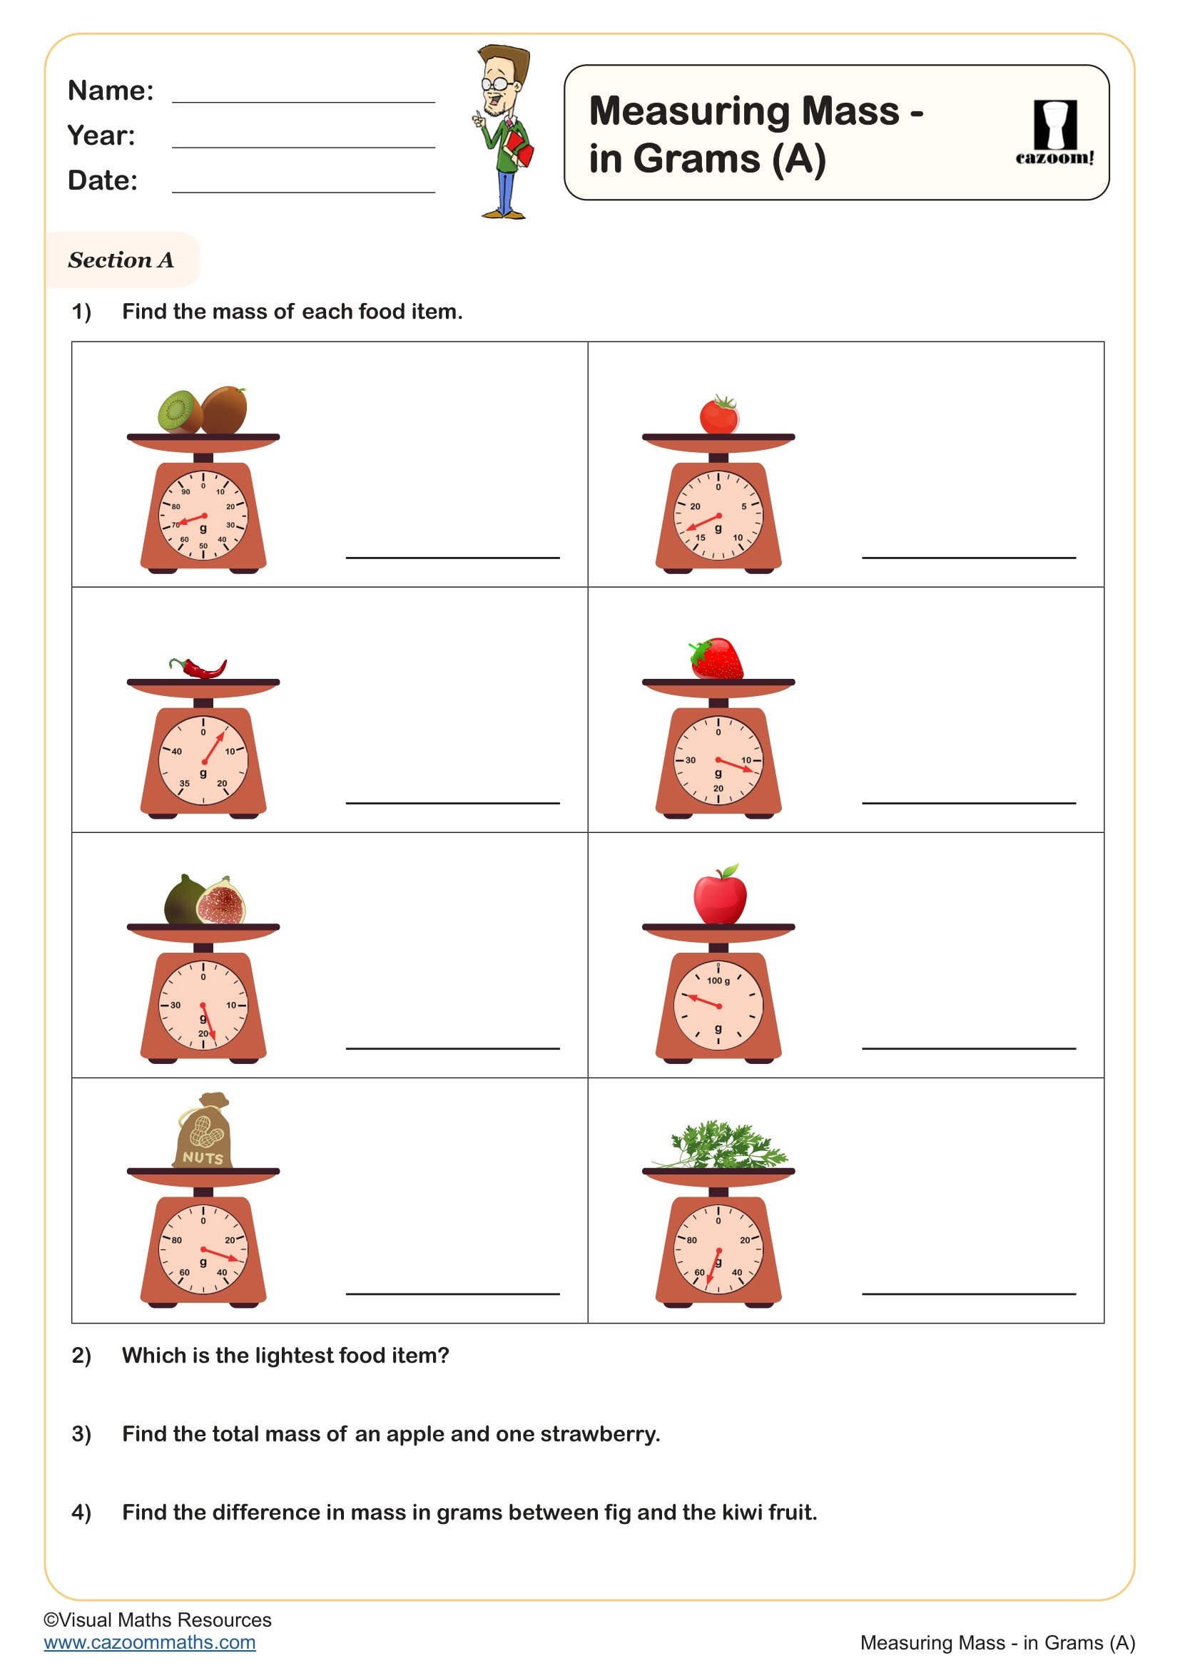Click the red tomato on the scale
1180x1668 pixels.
point(719,415)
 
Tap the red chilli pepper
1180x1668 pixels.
point(198,667)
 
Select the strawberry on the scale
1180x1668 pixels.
point(716,658)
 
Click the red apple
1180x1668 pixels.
point(719,894)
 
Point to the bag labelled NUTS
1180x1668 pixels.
point(203,1131)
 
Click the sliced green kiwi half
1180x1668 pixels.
point(180,411)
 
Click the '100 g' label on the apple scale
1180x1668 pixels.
point(718,981)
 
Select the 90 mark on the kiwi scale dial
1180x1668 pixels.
point(186,492)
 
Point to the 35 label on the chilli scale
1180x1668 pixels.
point(185,784)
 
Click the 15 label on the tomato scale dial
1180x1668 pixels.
point(701,538)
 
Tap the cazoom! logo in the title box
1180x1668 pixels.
point(1054,133)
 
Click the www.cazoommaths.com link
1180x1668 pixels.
point(150,1642)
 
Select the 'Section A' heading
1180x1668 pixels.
point(121,260)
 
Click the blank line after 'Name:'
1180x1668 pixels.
point(304,103)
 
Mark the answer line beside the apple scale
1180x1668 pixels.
point(969,1048)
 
